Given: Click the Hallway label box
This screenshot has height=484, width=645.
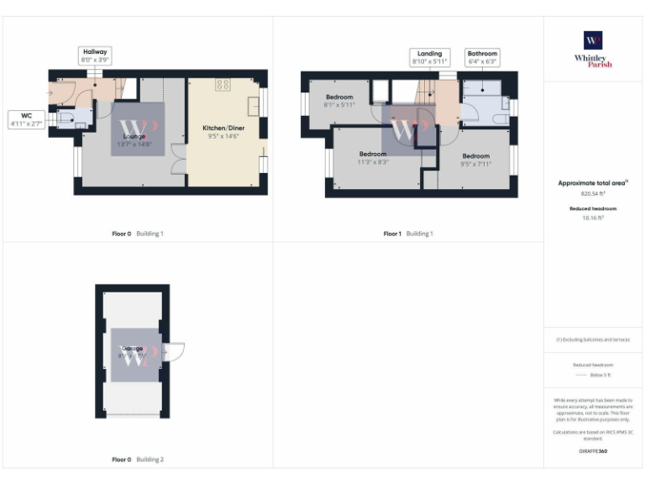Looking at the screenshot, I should click(x=94, y=56).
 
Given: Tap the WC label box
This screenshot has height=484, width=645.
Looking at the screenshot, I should click(x=25, y=120).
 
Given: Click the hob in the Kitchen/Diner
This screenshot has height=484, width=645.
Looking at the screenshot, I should click(x=223, y=84).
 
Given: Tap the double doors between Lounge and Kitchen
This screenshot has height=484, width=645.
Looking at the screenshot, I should click(x=177, y=159).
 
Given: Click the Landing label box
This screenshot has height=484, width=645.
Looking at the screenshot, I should click(x=430, y=56).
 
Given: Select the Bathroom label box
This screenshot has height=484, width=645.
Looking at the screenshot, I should click(x=482, y=56).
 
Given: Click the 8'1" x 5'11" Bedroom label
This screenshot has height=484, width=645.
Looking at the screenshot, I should click(x=340, y=101).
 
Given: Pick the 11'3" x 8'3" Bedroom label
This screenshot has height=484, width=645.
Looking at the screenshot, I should click(x=373, y=158).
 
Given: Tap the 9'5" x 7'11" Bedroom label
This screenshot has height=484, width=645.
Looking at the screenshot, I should click(x=475, y=160).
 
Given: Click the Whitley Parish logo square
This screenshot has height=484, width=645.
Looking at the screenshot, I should click(x=593, y=40).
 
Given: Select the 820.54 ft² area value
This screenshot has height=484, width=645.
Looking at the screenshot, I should click(x=593, y=193).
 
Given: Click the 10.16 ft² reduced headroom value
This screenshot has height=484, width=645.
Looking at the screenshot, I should click(x=593, y=218).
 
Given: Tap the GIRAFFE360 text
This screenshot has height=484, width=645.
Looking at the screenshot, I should click(x=593, y=451).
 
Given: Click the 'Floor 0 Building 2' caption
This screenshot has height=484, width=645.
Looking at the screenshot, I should click(x=138, y=460).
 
